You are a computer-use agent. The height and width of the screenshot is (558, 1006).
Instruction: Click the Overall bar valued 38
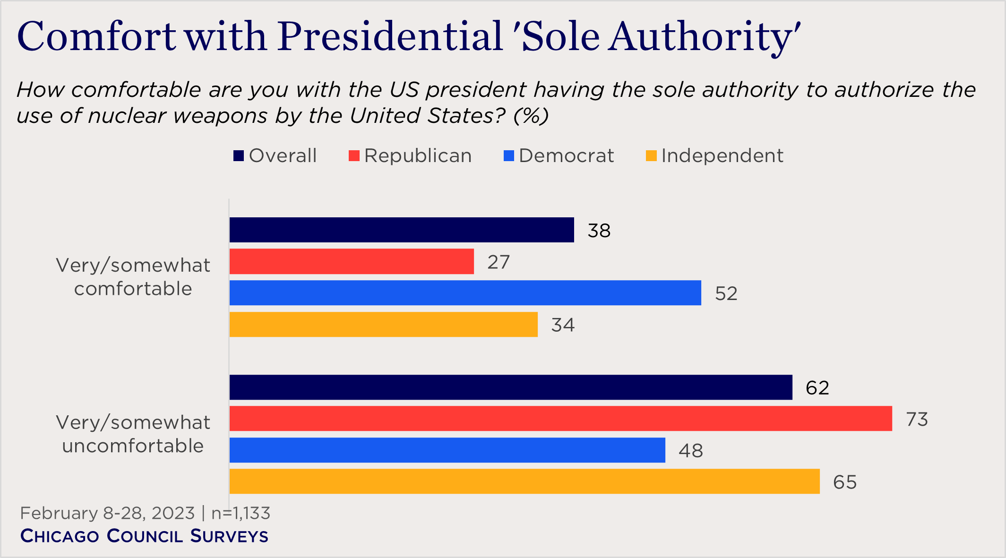[402, 230]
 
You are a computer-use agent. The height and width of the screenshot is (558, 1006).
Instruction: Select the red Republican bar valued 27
[352, 261]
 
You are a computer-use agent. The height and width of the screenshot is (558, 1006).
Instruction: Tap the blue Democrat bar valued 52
[465, 293]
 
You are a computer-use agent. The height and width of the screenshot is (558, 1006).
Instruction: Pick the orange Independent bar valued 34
[383, 325]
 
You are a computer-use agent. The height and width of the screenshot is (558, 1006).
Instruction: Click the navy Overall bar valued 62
[510, 387]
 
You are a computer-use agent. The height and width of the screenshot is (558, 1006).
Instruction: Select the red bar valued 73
[560, 419]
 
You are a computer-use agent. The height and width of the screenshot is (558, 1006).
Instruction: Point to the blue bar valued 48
[447, 450]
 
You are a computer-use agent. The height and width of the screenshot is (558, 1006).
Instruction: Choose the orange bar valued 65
[524, 481]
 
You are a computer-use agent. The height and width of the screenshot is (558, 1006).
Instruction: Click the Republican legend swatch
[354, 156]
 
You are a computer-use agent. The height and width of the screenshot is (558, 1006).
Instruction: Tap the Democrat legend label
[566, 156]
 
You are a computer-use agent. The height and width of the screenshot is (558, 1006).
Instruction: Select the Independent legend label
[722, 156]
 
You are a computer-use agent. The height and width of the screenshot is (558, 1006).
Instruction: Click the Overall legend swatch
[239, 156]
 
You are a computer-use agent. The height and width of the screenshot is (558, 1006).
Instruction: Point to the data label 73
[917, 419]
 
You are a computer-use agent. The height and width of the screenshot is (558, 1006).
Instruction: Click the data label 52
[726, 293]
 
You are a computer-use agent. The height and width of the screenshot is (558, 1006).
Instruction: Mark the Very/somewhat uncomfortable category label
[133, 434]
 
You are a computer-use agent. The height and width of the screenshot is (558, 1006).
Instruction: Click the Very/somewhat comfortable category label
[133, 277]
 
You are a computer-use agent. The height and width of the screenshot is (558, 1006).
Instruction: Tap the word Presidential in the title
[389, 37]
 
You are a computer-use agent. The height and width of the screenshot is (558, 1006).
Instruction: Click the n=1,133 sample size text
[241, 513]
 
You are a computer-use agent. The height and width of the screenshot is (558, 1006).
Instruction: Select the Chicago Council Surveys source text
[144, 536]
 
